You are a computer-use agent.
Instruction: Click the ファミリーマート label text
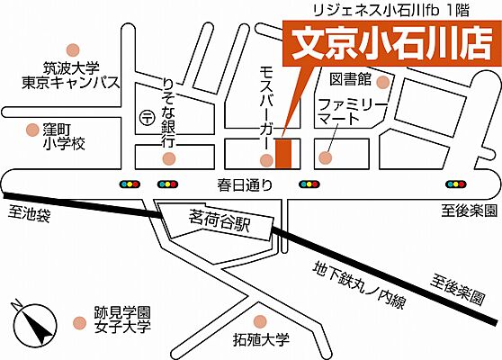point(352,111)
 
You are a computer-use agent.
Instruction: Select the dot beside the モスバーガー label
point(265,161)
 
